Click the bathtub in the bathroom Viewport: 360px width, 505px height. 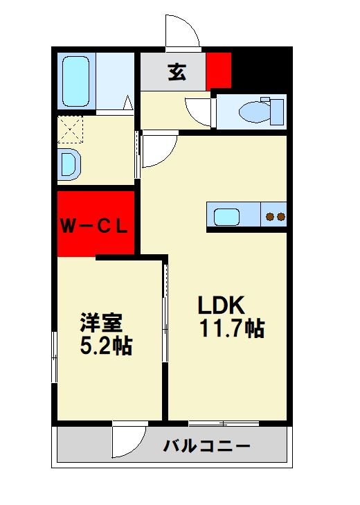[78, 80]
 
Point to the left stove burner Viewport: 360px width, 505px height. [271, 217]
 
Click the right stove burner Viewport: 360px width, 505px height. [281, 217]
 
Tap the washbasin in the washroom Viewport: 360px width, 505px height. [69, 164]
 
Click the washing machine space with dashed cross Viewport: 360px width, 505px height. [70, 128]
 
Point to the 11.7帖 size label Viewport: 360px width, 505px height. [232, 328]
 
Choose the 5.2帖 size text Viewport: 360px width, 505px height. [106, 345]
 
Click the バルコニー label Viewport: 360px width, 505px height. [206, 446]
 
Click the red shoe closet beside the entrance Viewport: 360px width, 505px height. [218, 68]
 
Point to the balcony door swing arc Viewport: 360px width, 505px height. [128, 441]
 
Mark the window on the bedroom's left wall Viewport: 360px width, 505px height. [54, 357]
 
